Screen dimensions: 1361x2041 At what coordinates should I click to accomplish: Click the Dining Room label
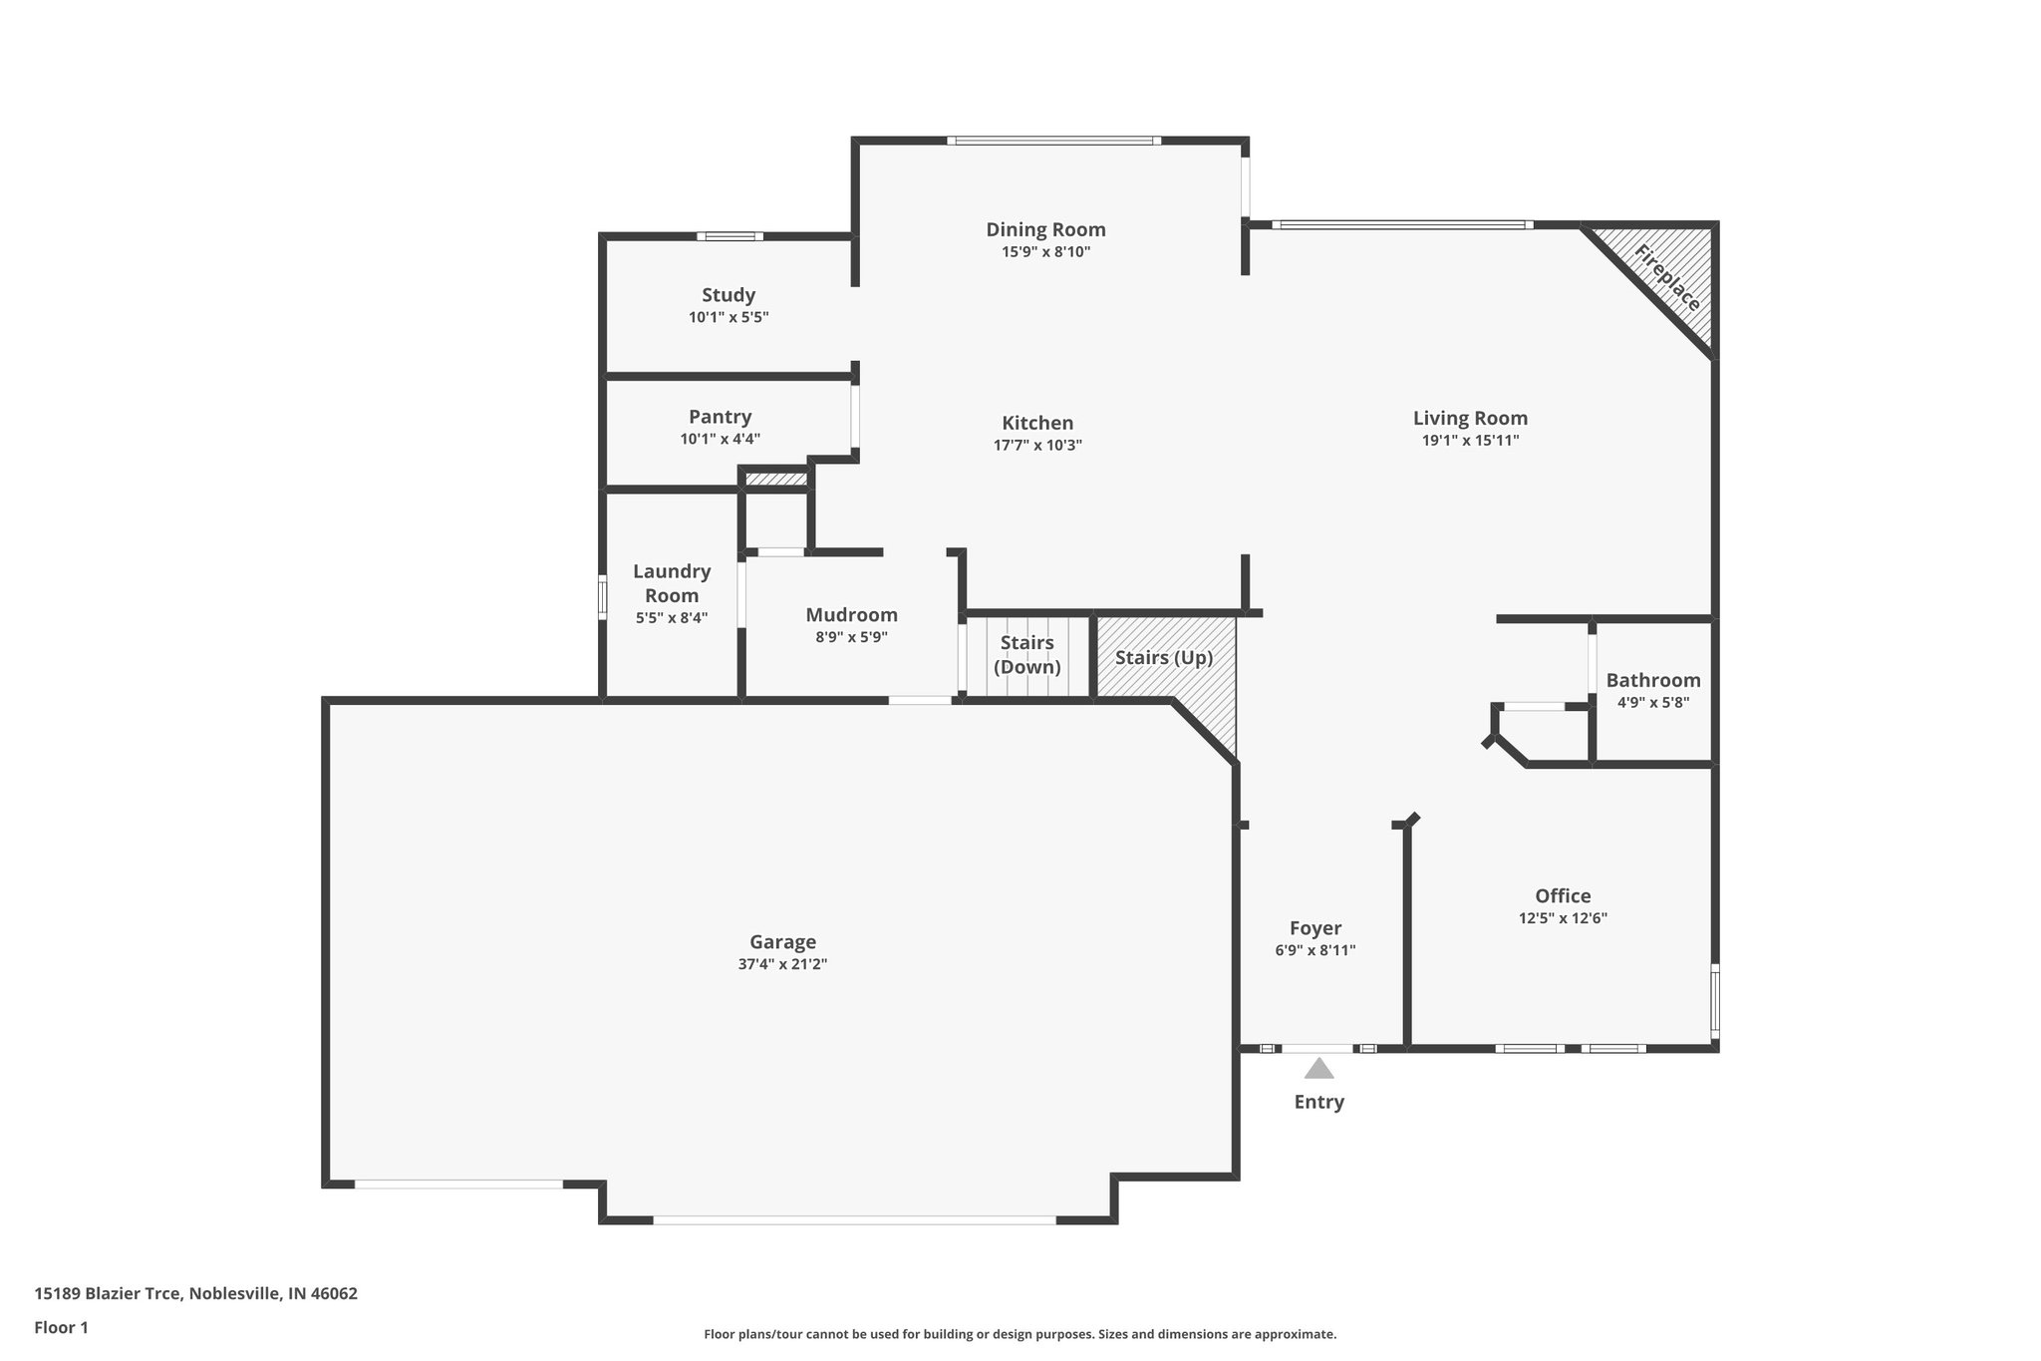pyautogui.click(x=1045, y=229)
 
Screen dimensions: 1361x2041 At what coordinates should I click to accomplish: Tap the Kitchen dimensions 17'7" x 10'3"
pyautogui.click(x=1037, y=446)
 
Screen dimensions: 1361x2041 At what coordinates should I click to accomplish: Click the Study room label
pyautogui.click(x=729, y=295)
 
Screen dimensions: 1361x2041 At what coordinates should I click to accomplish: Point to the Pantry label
pyautogui.click(x=720, y=417)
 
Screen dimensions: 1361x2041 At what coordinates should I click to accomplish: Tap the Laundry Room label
pyautogui.click(x=672, y=583)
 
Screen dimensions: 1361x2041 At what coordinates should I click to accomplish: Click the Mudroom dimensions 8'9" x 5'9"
pyautogui.click(x=851, y=637)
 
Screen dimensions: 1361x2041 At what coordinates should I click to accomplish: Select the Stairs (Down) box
pyautogui.click(x=1026, y=655)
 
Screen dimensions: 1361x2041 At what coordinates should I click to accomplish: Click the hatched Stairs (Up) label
pyautogui.click(x=1163, y=658)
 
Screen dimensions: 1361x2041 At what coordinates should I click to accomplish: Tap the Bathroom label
pyautogui.click(x=1652, y=680)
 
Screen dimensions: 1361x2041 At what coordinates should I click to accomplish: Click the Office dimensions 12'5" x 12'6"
pyautogui.click(x=1563, y=918)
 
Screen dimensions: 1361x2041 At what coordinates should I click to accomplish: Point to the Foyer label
pyautogui.click(x=1315, y=928)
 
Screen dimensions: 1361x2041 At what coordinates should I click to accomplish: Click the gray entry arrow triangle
pyautogui.click(x=1318, y=1070)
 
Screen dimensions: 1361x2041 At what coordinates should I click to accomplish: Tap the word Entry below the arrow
pyautogui.click(x=1318, y=1102)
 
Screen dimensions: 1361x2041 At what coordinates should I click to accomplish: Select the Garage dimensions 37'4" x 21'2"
pyautogui.click(x=782, y=964)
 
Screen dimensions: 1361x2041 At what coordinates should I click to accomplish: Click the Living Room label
pyautogui.click(x=1470, y=419)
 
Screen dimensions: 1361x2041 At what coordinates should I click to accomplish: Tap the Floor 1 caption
pyautogui.click(x=61, y=1327)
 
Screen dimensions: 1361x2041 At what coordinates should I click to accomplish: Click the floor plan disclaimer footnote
pyautogui.click(x=1020, y=1334)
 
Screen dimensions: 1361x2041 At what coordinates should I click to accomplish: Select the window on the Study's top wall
pyautogui.click(x=729, y=236)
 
